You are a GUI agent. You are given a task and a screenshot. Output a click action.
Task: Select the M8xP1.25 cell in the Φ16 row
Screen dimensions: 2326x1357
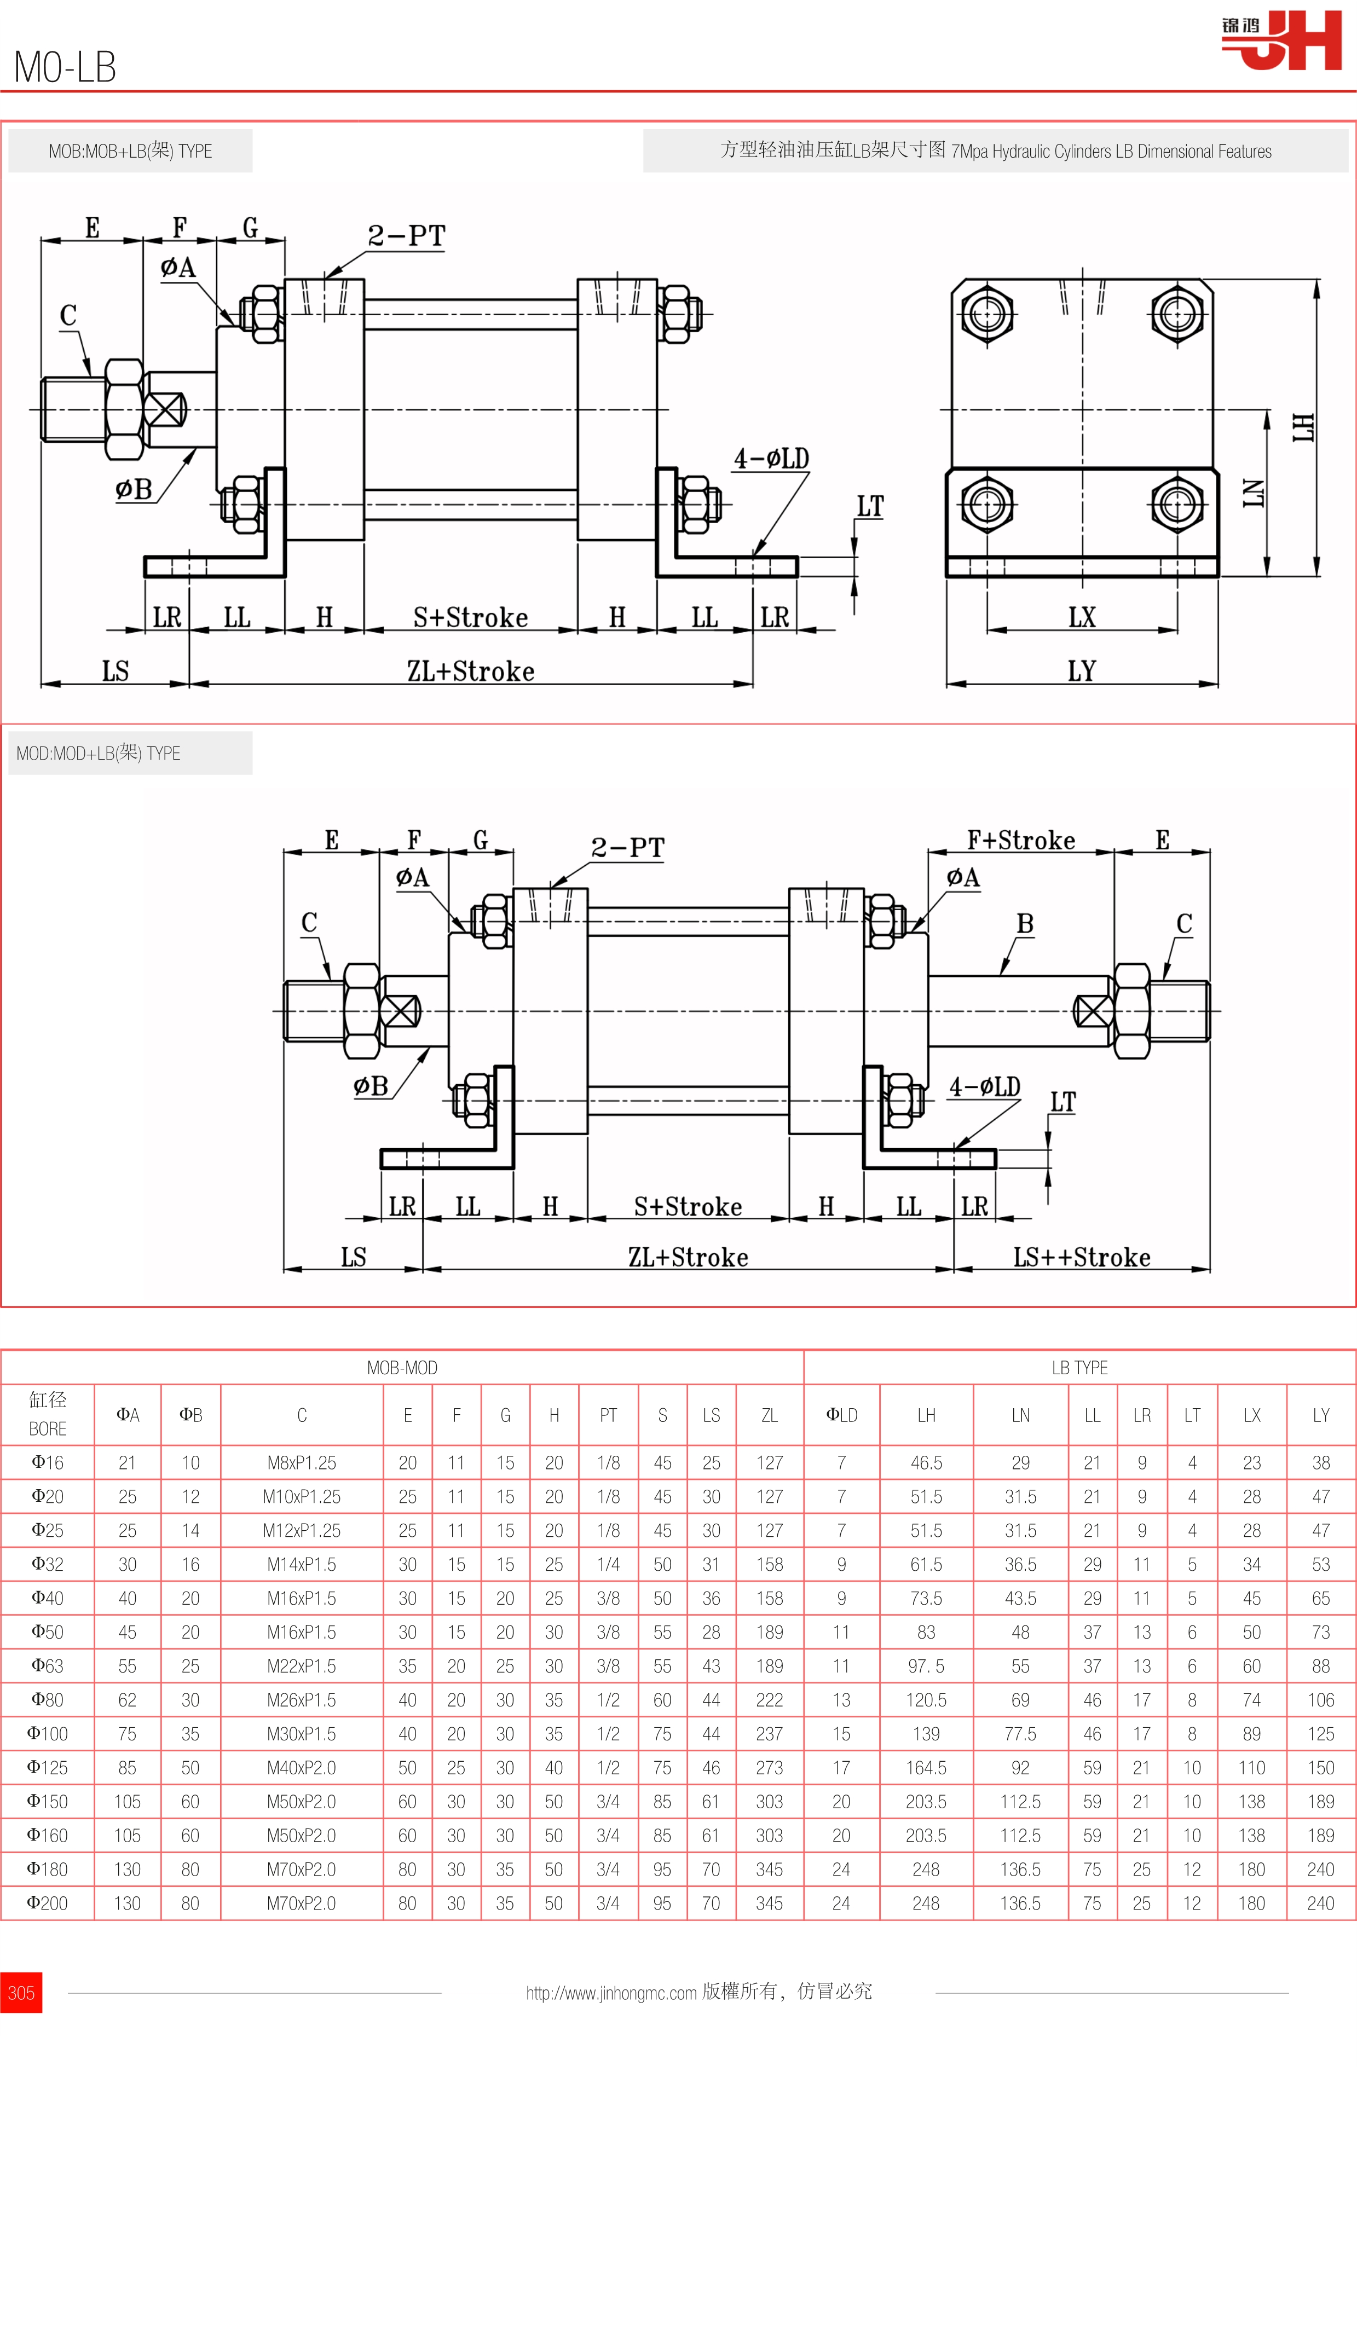[x=302, y=1462]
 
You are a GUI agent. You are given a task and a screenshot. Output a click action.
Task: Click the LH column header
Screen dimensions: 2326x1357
[x=926, y=1415]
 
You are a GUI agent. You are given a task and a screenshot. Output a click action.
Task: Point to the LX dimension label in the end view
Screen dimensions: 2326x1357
[x=1082, y=617]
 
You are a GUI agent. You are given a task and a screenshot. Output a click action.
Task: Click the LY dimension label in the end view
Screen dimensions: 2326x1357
[x=1082, y=671]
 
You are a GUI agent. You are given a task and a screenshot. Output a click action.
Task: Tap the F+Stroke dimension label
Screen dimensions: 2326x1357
[x=1021, y=840]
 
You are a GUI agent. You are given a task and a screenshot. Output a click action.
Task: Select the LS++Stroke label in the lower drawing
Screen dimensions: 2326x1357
[x=1082, y=1257]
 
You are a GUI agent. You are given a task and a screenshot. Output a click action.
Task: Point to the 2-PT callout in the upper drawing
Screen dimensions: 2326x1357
[x=406, y=236]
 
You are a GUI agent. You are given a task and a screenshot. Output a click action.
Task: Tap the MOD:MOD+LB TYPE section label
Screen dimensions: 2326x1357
[x=99, y=753]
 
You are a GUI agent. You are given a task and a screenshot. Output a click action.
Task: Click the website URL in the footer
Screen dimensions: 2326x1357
[x=611, y=1993]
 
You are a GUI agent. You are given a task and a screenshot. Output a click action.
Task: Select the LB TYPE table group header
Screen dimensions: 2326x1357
[x=1079, y=1367]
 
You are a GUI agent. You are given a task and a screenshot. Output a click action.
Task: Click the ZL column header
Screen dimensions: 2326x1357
[x=769, y=1415]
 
